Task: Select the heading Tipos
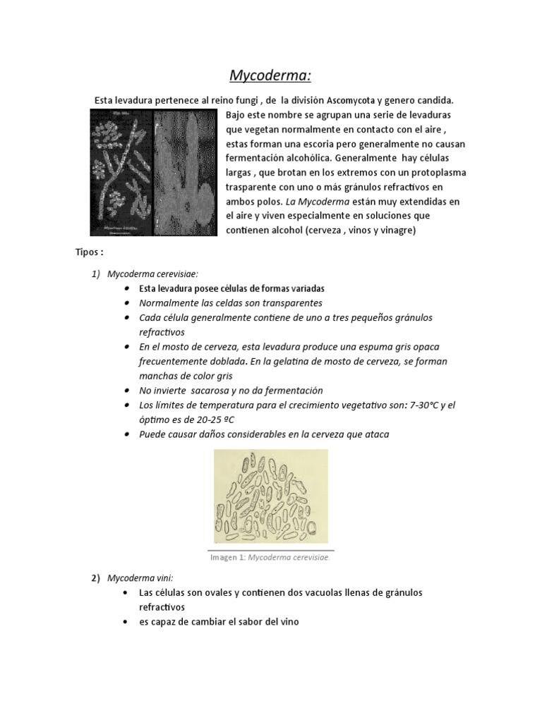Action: point(90,252)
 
